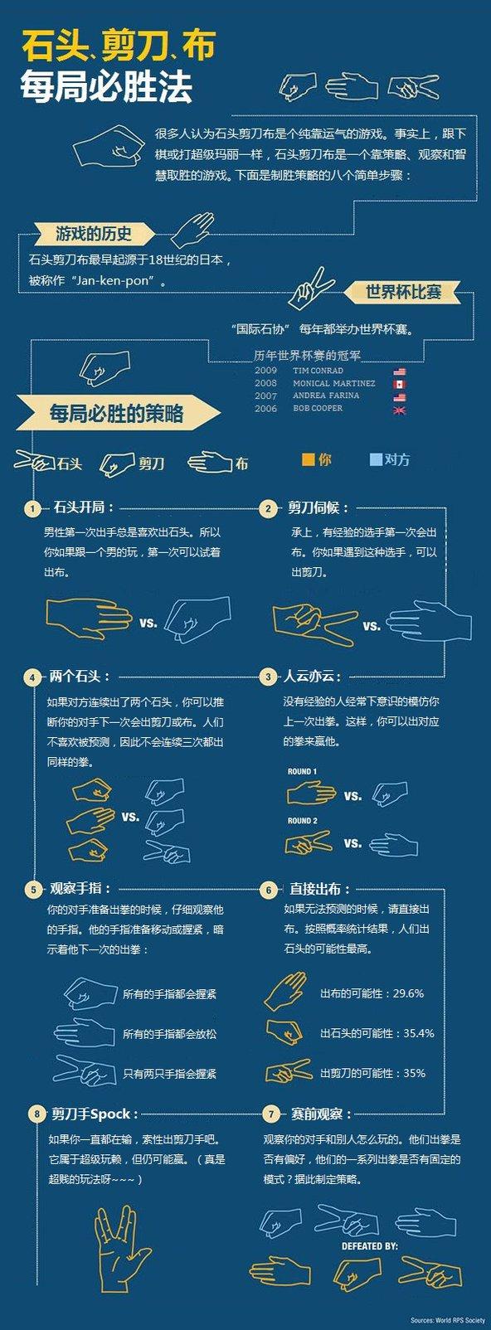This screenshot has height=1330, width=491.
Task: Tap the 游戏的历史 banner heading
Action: (x=93, y=233)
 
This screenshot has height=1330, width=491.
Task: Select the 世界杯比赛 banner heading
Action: (x=403, y=292)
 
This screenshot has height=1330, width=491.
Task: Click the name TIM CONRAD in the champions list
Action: (x=318, y=371)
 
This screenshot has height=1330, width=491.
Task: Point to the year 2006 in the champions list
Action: (x=265, y=409)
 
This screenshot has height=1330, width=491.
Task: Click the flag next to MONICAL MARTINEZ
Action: (x=399, y=385)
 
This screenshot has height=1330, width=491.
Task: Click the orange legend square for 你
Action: (x=308, y=459)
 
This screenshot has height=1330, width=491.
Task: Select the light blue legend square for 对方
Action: (x=376, y=459)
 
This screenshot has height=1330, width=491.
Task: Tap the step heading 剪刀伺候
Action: (x=318, y=507)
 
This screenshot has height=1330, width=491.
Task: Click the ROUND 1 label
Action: (x=302, y=772)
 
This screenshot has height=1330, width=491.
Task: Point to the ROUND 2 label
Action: (x=302, y=821)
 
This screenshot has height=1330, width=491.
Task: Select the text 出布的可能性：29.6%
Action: (x=372, y=993)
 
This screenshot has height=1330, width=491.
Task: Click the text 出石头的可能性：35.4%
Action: (x=377, y=1033)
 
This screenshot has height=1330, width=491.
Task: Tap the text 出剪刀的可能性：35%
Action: (x=372, y=1073)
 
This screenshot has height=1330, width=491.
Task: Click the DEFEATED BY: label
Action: (x=369, y=1245)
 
